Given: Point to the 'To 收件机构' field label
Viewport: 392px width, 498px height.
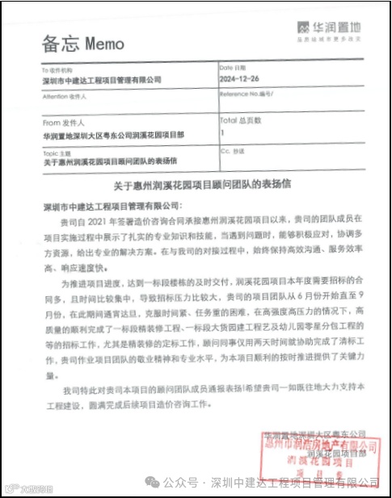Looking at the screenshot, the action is pos(57,69).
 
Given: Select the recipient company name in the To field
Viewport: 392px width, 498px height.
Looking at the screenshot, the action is pos(102,80).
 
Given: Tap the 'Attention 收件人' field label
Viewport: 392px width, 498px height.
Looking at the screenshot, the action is pos(64,96).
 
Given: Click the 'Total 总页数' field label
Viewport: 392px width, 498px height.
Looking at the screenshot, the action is pos(240,119).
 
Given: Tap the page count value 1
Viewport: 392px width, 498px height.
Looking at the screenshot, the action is pos(222,132).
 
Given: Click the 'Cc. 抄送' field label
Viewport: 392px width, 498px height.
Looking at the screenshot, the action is pos(234,150).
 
